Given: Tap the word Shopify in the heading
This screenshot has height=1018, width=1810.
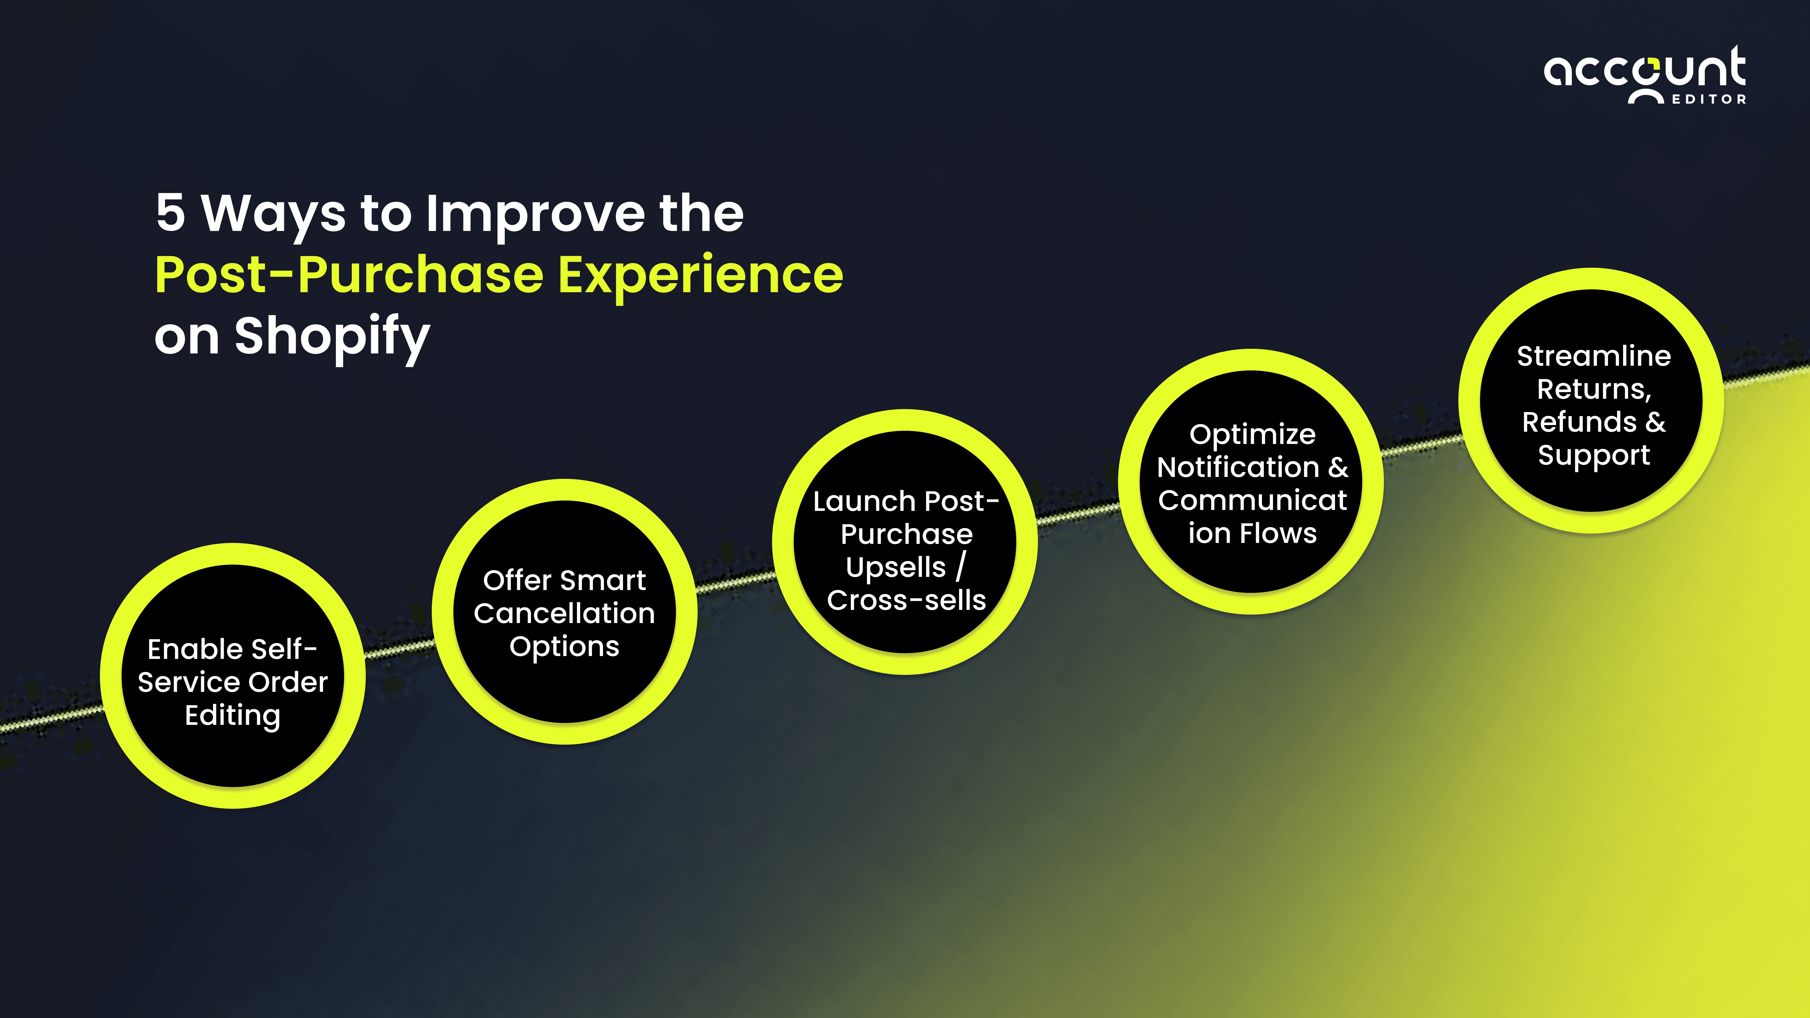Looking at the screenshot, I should [332, 337].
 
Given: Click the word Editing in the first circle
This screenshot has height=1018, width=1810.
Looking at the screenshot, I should [233, 715].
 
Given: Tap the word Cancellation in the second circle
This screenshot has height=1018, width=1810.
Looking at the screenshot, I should [564, 613].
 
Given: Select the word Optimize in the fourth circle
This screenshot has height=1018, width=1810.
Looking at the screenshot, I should [1252, 434].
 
